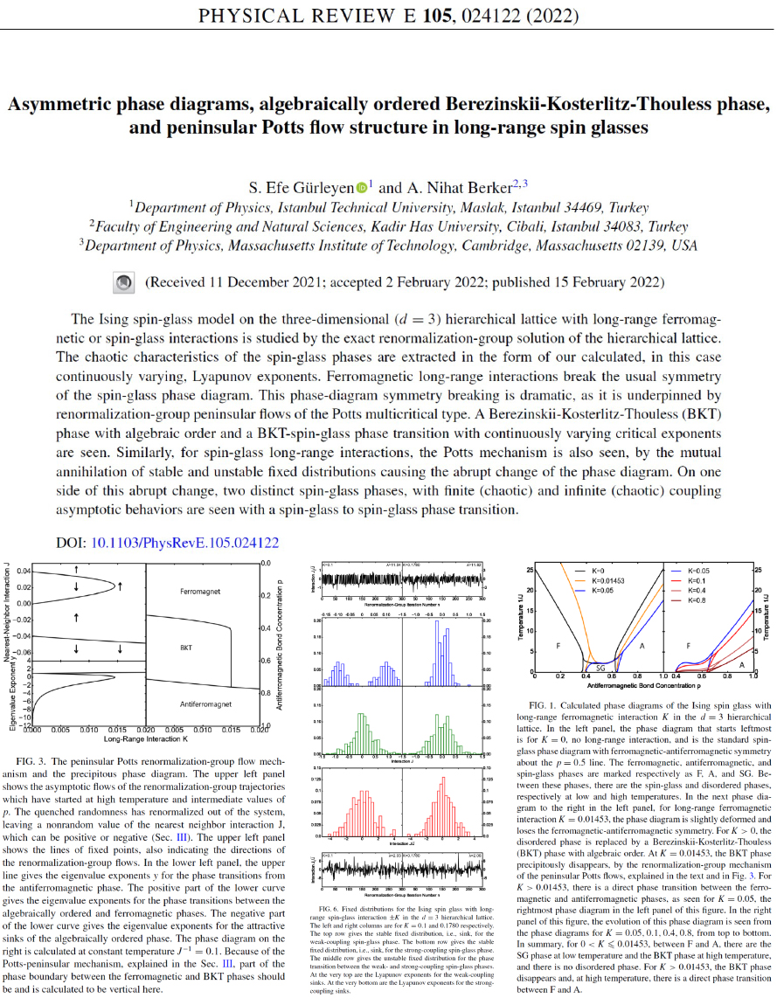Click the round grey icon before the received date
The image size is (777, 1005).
pos(125,282)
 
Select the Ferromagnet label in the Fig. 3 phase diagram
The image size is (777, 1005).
pos(200,592)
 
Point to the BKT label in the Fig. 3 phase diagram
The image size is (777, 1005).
pos(186,648)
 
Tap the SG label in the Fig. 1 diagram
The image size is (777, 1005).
pos(600,667)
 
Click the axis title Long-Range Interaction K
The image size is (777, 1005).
pos(143,739)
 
